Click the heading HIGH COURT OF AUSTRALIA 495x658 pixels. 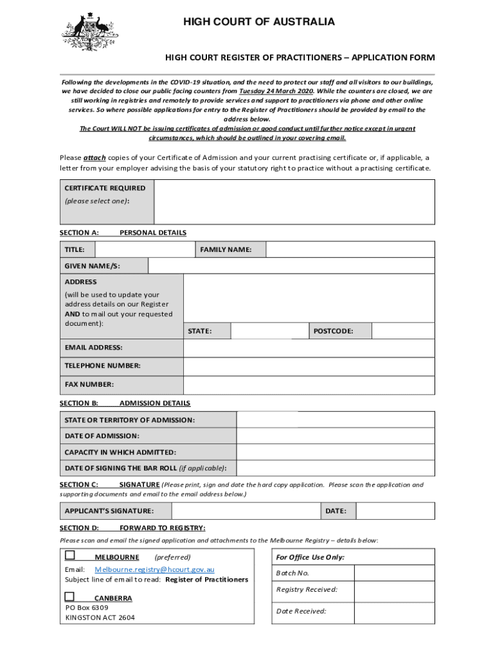click(x=259, y=22)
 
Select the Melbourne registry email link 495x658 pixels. click(x=154, y=569)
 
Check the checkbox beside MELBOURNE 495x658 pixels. click(x=69, y=555)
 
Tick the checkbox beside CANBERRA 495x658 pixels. click(x=69, y=597)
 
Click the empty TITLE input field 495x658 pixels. click(x=145, y=249)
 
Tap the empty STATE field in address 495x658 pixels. click(x=269, y=331)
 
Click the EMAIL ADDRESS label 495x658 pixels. click(x=93, y=348)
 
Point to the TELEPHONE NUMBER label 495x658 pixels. click(x=102, y=366)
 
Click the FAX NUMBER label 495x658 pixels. click(x=89, y=384)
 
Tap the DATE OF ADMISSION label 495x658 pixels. click(x=102, y=436)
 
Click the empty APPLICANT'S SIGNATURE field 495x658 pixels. click(x=246, y=511)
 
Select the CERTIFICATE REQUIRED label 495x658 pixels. click(x=105, y=188)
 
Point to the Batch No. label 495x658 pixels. click(x=292, y=573)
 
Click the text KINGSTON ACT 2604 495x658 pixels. click(x=100, y=618)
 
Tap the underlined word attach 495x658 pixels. click(x=94, y=158)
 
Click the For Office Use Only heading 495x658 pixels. click(x=310, y=557)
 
